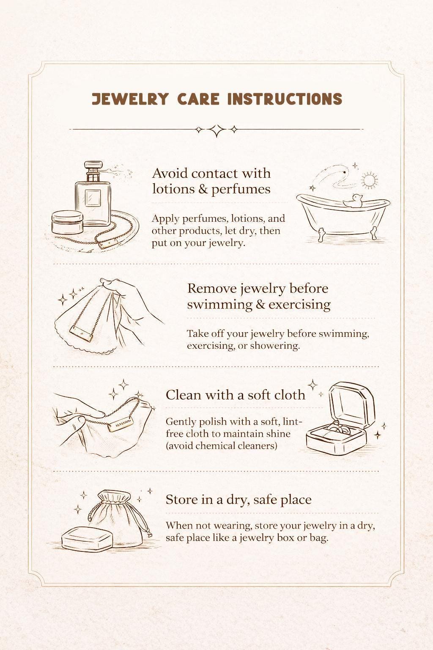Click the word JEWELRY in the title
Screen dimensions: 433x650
click(130, 99)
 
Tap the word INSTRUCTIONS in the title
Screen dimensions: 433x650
click(285, 99)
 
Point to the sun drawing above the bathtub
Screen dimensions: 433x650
click(369, 181)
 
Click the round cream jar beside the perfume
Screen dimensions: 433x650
click(67, 222)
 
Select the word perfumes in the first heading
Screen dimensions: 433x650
click(241, 190)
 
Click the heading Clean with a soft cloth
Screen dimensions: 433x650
click(236, 395)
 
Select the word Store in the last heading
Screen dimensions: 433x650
click(181, 500)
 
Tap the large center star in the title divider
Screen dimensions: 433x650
click(216, 130)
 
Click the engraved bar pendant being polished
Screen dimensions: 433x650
click(121, 424)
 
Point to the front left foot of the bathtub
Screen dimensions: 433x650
click(321, 234)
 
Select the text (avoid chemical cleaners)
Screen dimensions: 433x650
click(221, 446)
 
